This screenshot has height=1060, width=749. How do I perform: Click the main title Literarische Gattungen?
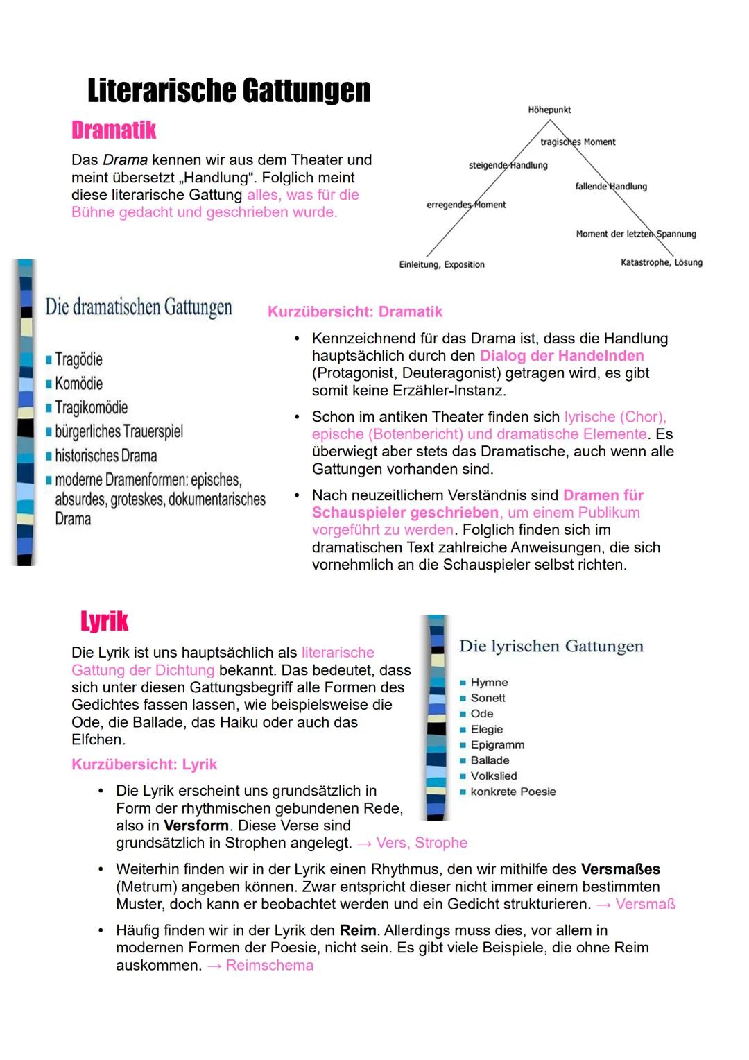point(229,91)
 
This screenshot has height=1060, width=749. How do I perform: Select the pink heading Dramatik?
point(114,130)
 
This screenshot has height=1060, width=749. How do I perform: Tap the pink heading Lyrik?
point(104,621)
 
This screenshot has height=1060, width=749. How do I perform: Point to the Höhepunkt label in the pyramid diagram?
point(549,110)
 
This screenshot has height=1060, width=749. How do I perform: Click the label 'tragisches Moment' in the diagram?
point(578,142)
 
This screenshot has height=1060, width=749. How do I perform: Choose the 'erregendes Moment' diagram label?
point(466,205)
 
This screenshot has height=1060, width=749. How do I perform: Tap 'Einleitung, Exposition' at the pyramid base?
point(442,264)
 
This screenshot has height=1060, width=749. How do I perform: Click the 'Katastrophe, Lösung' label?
point(661,262)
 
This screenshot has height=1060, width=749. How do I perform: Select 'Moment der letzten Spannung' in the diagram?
point(635,234)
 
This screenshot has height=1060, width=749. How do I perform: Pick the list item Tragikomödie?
point(91,407)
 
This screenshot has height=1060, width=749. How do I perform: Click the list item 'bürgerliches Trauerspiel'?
point(119,431)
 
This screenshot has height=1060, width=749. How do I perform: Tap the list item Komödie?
point(78,384)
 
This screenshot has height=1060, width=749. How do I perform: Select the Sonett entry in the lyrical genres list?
point(488,698)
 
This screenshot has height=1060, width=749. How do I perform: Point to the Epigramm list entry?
point(497,744)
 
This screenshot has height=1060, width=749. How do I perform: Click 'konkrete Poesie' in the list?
point(513,792)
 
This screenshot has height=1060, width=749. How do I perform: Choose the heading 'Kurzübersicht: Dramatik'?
point(355,312)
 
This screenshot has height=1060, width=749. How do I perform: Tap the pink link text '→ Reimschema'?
point(260,965)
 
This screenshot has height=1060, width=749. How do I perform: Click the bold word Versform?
point(196,826)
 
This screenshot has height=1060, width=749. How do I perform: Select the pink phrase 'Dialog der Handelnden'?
point(562,356)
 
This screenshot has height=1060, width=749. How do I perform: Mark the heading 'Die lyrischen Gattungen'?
point(551,647)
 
